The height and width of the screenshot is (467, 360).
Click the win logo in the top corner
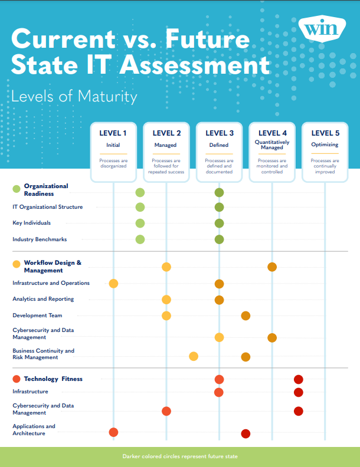pyautogui.click(x=322, y=28)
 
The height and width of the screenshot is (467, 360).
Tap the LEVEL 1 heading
pyautogui.click(x=113, y=133)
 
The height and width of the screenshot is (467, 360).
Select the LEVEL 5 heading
pyautogui.click(x=325, y=133)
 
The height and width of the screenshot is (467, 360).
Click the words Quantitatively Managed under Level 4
pyautogui.click(x=272, y=144)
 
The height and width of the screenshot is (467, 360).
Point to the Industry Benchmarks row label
pyautogui.click(x=40, y=239)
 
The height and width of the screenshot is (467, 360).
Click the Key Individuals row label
pyautogui.click(x=32, y=223)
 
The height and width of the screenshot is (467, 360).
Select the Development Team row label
pyautogui.click(x=37, y=315)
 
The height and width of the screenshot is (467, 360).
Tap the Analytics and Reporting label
pyautogui.click(x=43, y=299)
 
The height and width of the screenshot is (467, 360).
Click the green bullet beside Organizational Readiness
pyautogui.click(x=17, y=189)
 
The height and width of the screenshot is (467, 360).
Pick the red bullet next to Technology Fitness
pyautogui.click(x=17, y=379)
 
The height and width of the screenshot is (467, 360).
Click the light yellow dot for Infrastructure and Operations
pyautogui.click(x=113, y=284)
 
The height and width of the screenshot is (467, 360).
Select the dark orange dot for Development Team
pyautogui.click(x=246, y=315)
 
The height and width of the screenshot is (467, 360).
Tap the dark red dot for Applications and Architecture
pyautogui.click(x=246, y=433)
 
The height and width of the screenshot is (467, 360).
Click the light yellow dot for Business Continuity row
pyautogui.click(x=194, y=356)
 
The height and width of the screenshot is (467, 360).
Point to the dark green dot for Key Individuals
pyautogui.click(x=220, y=223)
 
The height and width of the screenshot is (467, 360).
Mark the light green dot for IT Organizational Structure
pyautogui.click(x=140, y=208)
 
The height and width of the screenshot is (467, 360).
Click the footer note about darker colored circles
pyautogui.click(x=180, y=456)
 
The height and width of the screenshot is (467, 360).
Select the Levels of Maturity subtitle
pyautogui.click(x=74, y=97)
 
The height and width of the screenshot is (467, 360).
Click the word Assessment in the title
pyautogui.click(x=195, y=65)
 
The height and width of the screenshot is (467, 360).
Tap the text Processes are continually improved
pyautogui.click(x=325, y=166)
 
